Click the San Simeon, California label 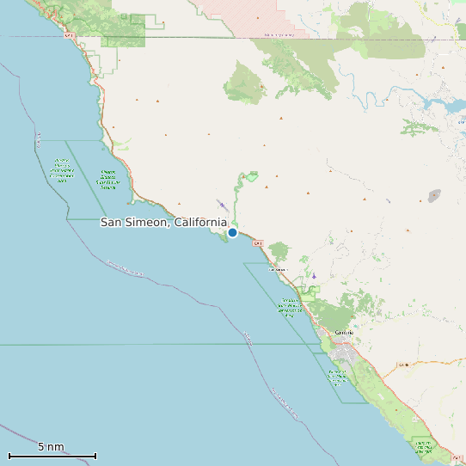point(163,223)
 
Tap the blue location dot point(232,232)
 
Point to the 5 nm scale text point(51,447)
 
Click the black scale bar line point(52,456)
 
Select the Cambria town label point(344,332)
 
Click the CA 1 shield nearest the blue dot point(257,243)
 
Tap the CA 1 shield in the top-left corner point(70,36)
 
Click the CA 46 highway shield point(402,365)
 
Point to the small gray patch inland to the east point(434,196)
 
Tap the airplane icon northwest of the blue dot point(222,205)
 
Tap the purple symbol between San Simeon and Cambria point(314,276)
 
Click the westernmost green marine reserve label point(61,170)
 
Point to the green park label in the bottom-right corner point(422,446)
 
